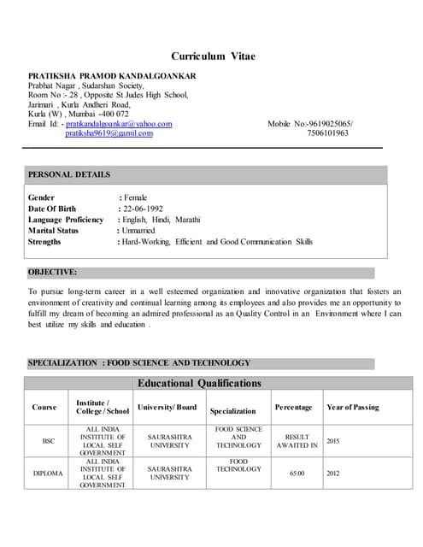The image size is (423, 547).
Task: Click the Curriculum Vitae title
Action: (213, 56)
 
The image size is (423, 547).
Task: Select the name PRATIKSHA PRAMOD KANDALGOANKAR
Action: (112, 76)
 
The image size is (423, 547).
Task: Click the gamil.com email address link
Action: (109, 133)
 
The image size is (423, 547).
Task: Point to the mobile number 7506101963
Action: (328, 133)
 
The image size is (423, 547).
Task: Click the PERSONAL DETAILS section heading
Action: (69, 174)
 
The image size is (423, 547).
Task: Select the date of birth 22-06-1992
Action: (142, 209)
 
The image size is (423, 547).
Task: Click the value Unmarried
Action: (138, 231)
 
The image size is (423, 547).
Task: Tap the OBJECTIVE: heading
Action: (52, 273)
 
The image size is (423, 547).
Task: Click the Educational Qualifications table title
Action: (200, 384)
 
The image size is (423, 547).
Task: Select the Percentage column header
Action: (293, 407)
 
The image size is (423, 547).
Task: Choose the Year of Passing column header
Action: (352, 407)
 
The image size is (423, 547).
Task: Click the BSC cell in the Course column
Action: (49, 440)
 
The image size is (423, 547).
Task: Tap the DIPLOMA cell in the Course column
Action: (49, 473)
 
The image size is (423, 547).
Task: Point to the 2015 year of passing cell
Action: (333, 440)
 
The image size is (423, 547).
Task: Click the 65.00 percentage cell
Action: (297, 473)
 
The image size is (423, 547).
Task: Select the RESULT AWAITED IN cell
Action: (297, 440)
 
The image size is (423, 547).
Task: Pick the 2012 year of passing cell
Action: (333, 473)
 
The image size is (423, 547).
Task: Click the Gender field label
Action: (42, 197)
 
